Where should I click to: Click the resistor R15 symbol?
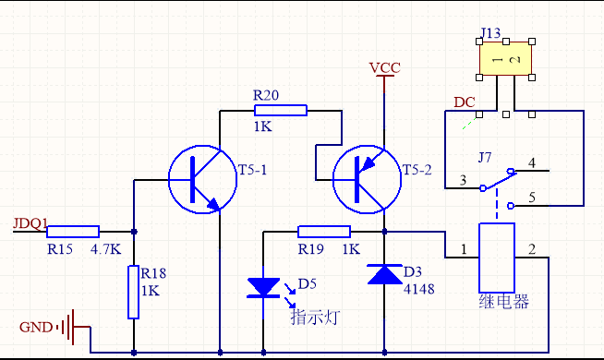(x=73, y=231)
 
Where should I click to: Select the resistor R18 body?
(x=134, y=292)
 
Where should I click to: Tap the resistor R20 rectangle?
(x=280, y=111)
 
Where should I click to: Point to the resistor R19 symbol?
(x=323, y=232)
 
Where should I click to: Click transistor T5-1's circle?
(x=196, y=179)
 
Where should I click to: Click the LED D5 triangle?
(x=265, y=287)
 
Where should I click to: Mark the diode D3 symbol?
(x=384, y=274)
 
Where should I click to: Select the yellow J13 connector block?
(x=505, y=60)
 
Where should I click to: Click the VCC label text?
(x=384, y=68)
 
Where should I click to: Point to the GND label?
(x=36, y=327)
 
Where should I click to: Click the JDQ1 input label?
(x=30, y=223)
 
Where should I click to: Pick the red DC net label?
(x=464, y=102)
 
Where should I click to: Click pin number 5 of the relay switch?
(x=530, y=198)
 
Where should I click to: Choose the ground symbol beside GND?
(x=67, y=326)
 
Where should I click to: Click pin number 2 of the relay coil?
(x=531, y=249)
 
